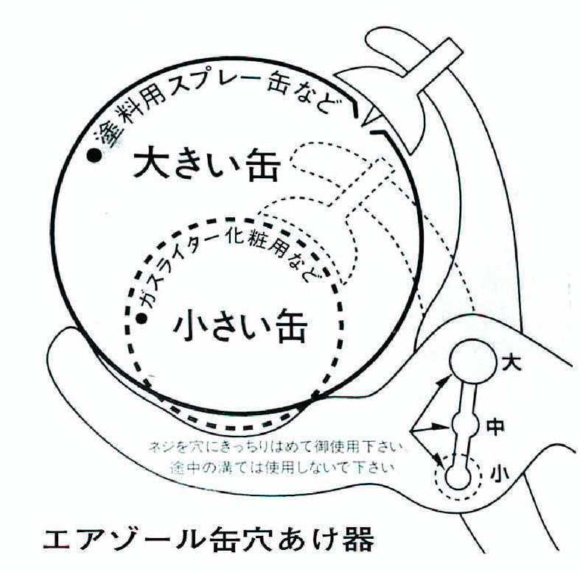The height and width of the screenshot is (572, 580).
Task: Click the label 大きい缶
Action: click(207, 165)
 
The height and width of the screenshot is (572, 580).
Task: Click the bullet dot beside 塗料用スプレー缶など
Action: click(94, 155)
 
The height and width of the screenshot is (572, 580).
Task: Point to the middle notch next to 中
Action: click(463, 425)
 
